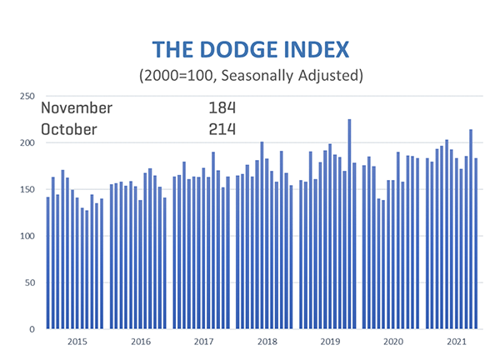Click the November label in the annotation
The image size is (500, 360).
click(77, 108)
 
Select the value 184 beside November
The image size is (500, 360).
click(222, 108)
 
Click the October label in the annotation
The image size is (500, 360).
click(69, 129)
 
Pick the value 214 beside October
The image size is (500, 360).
click(222, 129)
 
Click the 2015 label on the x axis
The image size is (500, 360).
click(77, 342)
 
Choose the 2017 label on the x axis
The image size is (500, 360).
click(203, 342)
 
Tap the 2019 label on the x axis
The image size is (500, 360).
click(330, 342)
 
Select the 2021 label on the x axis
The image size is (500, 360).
click(456, 342)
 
